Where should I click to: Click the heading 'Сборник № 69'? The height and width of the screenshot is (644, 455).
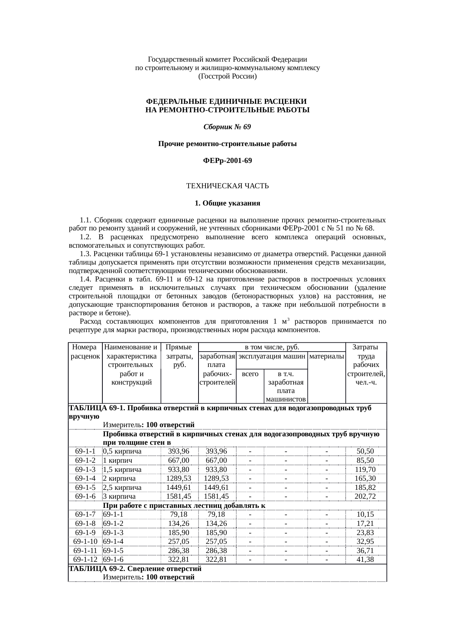tap(227, 127)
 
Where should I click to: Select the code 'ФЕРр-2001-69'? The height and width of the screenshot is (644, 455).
tap(227, 161)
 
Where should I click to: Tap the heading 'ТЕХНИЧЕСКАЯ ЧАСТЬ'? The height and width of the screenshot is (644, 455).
tap(227, 186)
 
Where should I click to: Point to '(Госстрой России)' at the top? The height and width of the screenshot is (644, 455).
tap(227, 77)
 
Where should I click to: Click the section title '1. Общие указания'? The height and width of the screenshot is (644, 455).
tap(227, 203)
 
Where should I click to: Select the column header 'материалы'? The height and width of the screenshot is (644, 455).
tap(326, 356)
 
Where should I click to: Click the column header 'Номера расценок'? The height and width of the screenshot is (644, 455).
tap(85, 351)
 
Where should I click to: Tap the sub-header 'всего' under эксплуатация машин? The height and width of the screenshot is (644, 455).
tap(250, 374)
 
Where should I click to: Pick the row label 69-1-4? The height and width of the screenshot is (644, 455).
tap(85, 478)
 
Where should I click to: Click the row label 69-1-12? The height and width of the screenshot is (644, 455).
tap(85, 559)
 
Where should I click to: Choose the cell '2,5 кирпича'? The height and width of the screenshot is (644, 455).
tap(122, 487)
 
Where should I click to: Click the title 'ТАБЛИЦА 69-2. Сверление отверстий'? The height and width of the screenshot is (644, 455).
tap(135, 569)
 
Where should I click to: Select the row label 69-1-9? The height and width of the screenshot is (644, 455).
tap(85, 532)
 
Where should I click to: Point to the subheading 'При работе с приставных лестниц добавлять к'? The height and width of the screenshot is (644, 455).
tap(184, 505)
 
